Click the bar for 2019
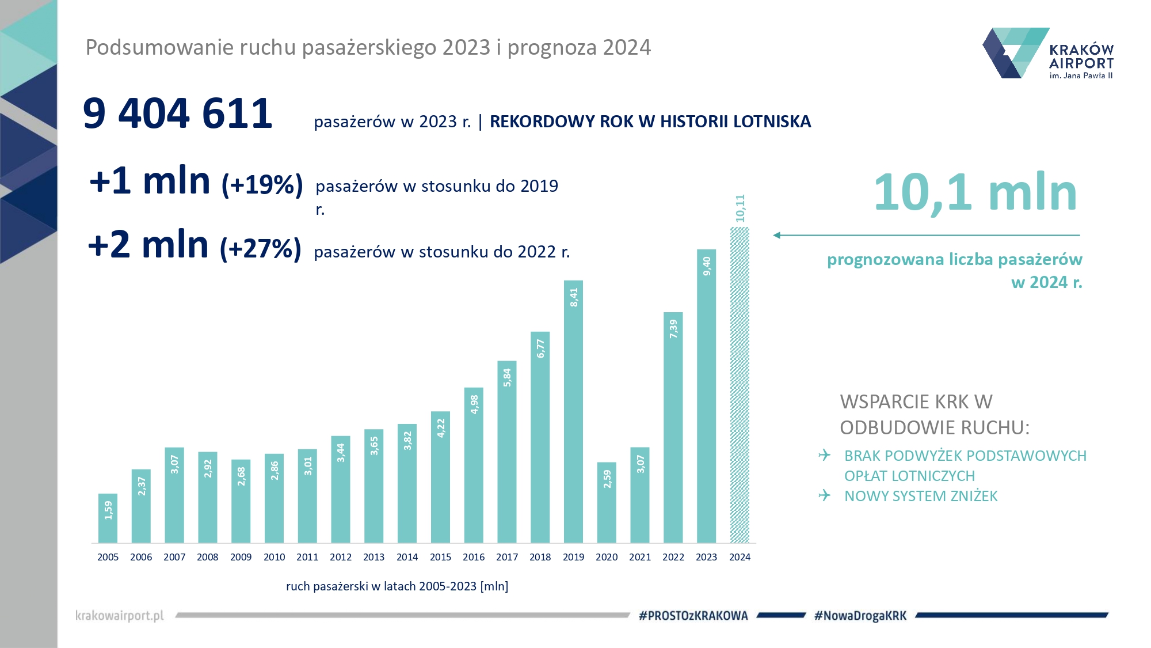573,412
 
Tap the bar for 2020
607,502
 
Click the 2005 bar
108,518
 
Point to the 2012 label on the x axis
341,557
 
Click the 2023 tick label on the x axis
706,557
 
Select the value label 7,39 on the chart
673,329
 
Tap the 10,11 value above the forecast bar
740,209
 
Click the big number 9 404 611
177,113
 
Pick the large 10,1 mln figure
975,192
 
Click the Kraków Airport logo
1047,53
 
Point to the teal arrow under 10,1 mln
927,235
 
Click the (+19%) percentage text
262,185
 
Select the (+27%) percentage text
261,249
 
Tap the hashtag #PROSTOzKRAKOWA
693,616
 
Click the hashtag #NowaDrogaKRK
860,616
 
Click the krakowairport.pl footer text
120,616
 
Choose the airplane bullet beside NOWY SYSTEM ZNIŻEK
825,495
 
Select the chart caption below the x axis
397,586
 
